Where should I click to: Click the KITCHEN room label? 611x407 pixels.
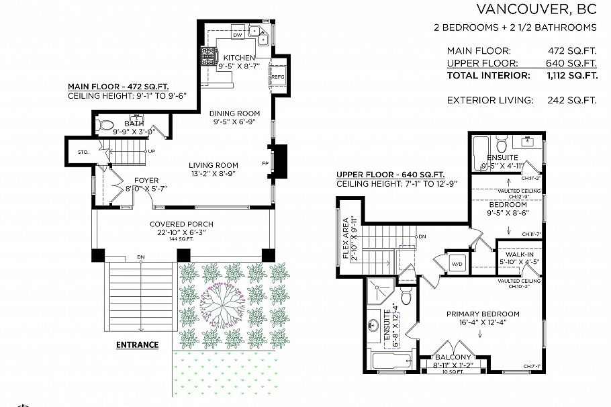pos(239,58)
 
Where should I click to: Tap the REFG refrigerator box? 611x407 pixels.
pos(278,77)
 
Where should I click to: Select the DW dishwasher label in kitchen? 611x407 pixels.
pos(237,34)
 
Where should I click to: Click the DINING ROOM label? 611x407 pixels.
pos(234,114)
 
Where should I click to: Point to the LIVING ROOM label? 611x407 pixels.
pos(214,165)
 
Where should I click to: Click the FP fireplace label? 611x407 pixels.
pos(265,164)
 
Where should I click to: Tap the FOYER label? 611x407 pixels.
pos(146,180)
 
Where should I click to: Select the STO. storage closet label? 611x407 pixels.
pos(83,152)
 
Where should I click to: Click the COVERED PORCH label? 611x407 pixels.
pos(181,224)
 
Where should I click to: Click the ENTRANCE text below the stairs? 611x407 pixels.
pos(137,345)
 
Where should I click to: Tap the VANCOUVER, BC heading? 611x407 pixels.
pos(536,9)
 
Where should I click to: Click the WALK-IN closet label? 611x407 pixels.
pos(519,255)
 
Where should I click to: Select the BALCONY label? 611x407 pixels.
pos(454,357)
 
